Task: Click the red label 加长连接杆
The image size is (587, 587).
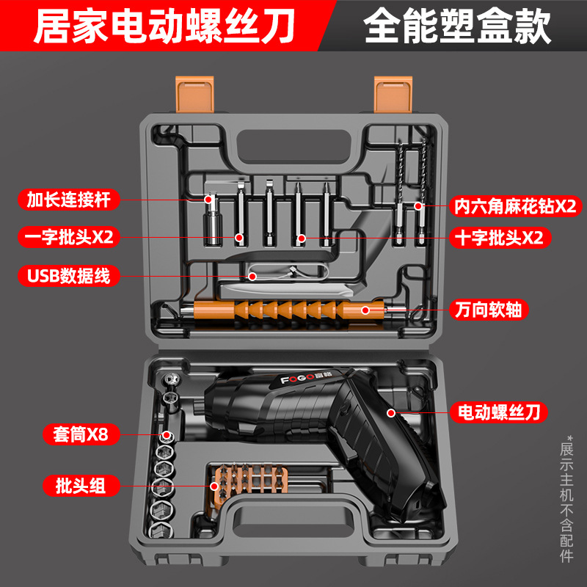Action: [69, 200]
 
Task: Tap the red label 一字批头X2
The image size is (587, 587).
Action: [69, 236]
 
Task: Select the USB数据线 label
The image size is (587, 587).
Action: [69, 276]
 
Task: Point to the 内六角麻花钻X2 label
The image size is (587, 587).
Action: [516, 206]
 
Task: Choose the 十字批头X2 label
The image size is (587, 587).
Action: [500, 237]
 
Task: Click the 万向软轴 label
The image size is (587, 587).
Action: [489, 310]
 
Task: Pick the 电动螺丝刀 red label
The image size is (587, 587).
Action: [499, 412]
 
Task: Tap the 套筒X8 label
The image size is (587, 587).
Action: [81, 434]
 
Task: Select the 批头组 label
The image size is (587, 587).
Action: [81, 486]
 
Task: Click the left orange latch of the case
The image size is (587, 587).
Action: [194, 95]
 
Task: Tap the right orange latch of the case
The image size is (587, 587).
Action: [393, 95]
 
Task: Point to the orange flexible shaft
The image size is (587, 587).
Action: [288, 310]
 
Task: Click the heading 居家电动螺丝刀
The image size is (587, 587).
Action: [164, 27]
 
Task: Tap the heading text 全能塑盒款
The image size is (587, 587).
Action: [457, 27]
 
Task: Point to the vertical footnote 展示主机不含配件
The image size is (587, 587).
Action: [566, 499]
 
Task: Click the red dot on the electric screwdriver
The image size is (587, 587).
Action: [391, 413]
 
